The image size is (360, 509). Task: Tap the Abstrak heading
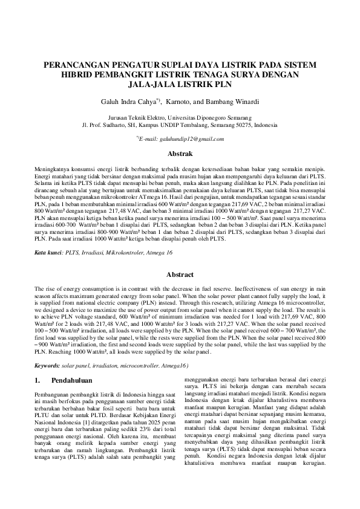[180, 155]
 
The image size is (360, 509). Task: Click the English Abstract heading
[180, 274]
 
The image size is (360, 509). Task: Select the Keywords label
[47, 366]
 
